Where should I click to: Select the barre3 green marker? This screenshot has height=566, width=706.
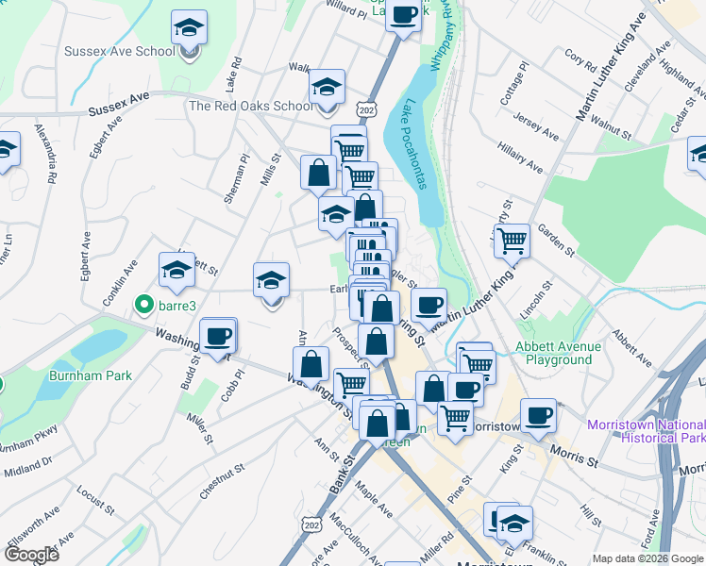tap(143, 305)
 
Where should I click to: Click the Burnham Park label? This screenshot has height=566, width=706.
tap(91, 375)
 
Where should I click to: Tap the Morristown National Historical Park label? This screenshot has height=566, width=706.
tap(646, 430)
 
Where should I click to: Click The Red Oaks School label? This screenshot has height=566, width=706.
tap(250, 106)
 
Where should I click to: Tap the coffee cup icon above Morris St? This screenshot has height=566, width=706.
tap(539, 414)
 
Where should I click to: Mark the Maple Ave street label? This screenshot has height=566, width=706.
tap(373, 501)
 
